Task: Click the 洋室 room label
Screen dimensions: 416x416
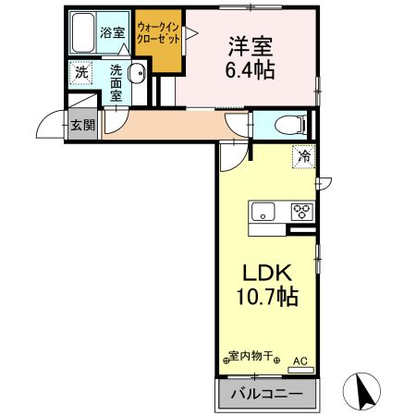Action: coord(251,45)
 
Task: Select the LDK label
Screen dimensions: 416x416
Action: coord(267,274)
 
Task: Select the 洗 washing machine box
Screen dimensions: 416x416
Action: coord(81,73)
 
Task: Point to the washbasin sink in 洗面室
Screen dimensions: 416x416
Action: coord(137,76)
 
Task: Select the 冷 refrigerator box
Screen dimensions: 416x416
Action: coord(301,157)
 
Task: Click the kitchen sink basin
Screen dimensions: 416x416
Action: coord(263,212)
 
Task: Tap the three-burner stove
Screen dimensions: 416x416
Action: coord(300,211)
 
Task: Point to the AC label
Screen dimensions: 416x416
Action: coord(299,361)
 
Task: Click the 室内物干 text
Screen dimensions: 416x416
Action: coord(252,356)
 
